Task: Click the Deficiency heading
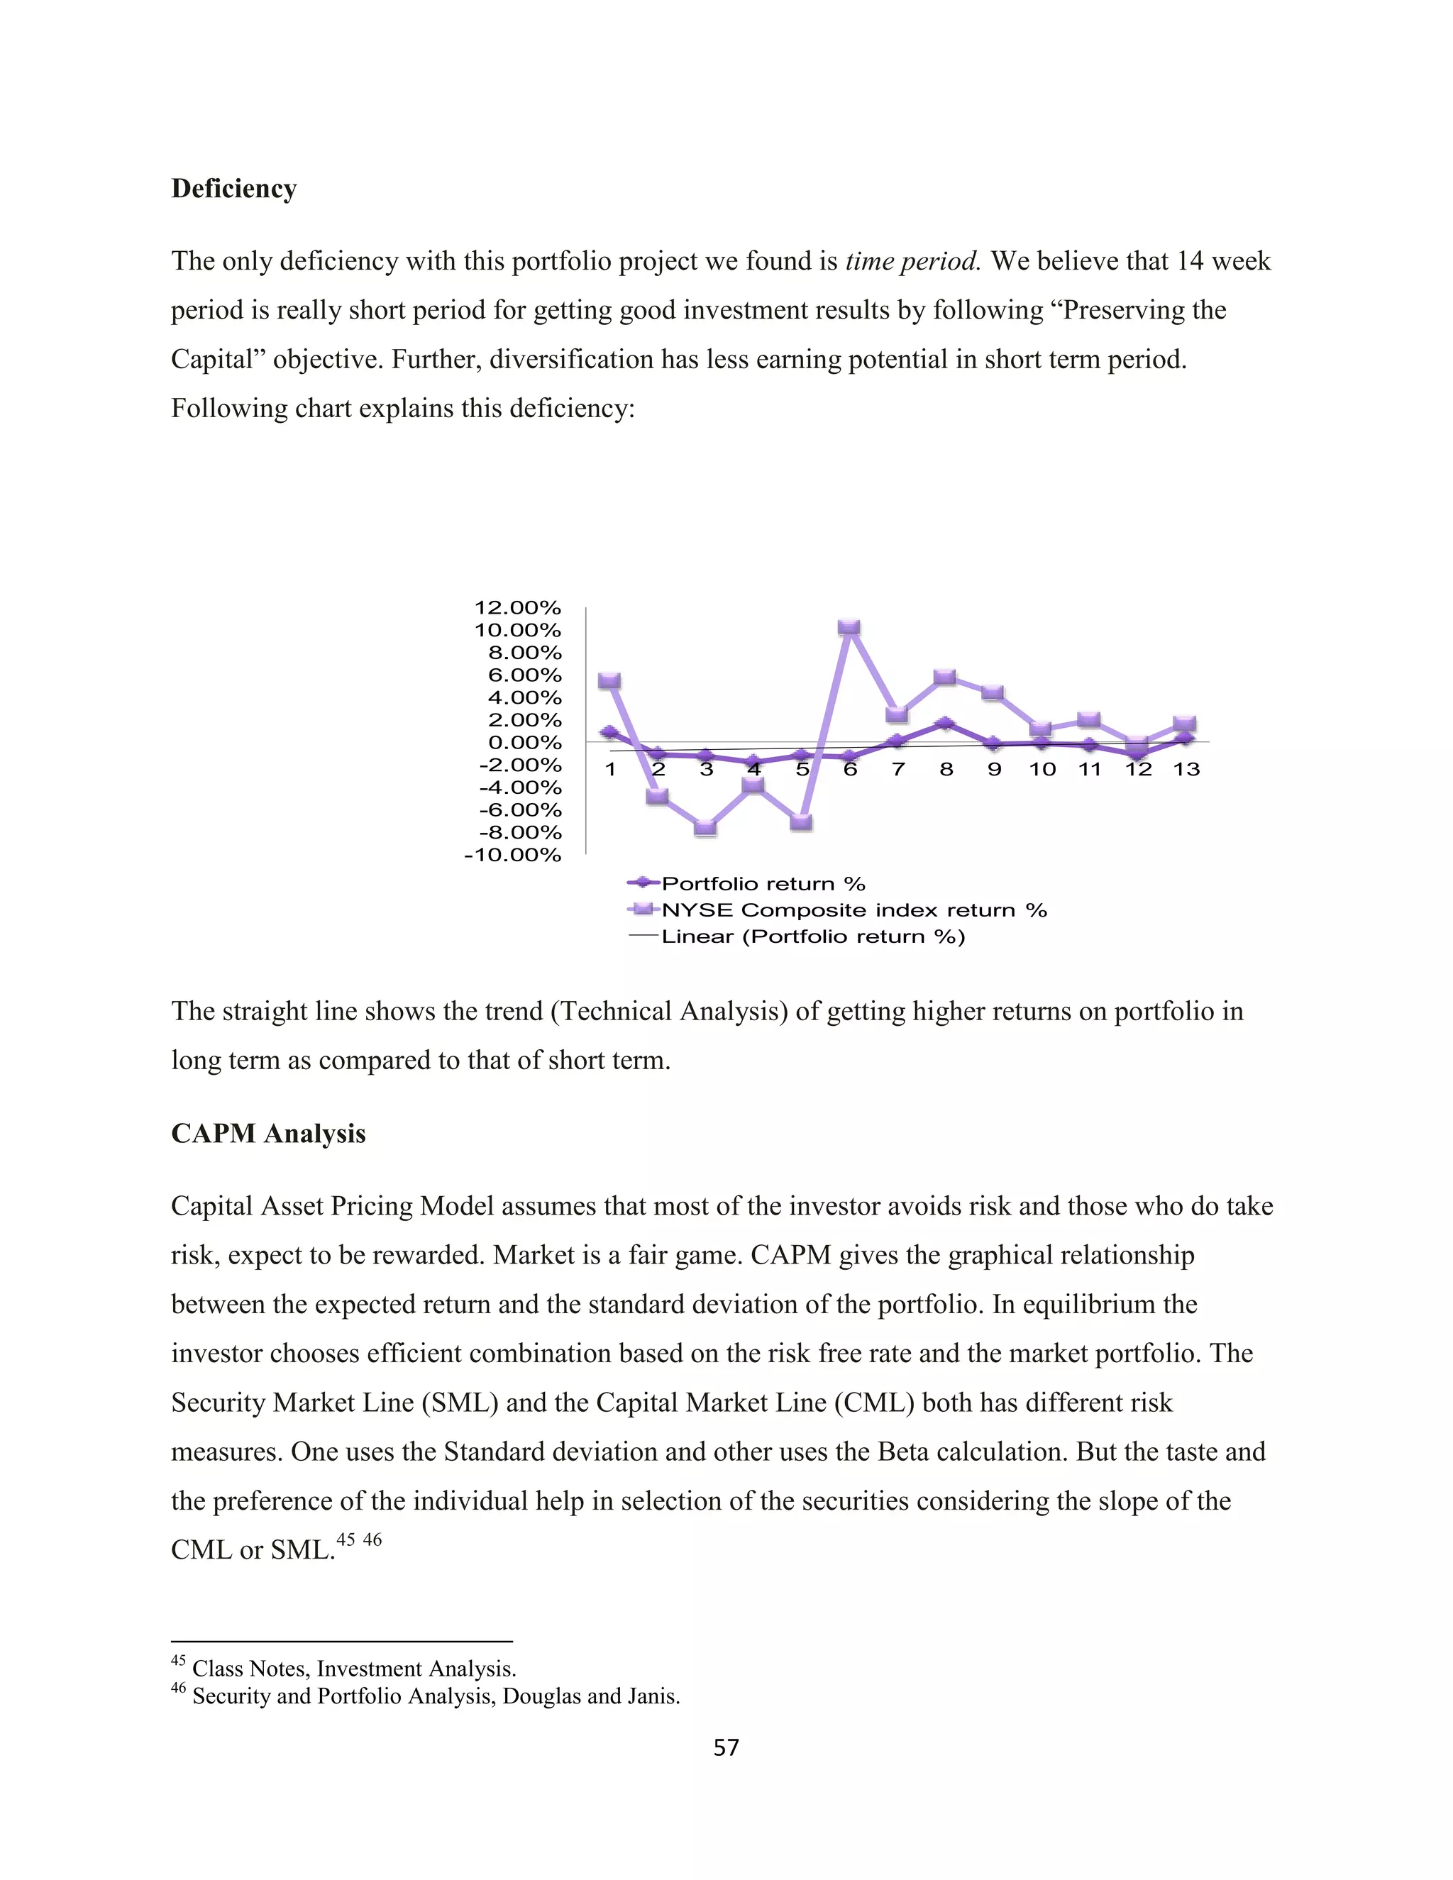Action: [x=233, y=189]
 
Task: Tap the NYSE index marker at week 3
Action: [x=705, y=827]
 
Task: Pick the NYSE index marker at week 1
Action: [x=609, y=681]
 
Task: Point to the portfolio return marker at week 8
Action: [x=944, y=723]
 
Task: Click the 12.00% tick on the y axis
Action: [x=517, y=608]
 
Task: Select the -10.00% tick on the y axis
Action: [x=512, y=855]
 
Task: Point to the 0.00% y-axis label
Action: [x=524, y=742]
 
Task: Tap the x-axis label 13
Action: [x=1186, y=770]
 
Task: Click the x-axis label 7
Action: [x=897, y=770]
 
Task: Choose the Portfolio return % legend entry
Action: [x=763, y=883]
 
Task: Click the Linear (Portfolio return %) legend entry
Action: [x=812, y=936]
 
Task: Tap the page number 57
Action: [x=726, y=1747]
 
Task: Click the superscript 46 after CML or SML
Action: [x=372, y=1540]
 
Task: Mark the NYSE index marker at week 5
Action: [x=800, y=822]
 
